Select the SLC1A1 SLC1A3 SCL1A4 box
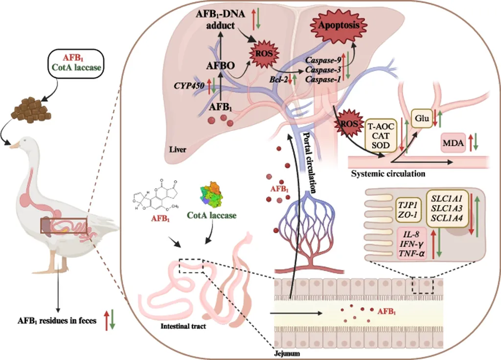tap(445, 207)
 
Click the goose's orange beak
tap(15, 145)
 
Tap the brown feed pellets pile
tap(29, 111)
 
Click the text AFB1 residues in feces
tap(54, 320)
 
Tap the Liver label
tap(176, 149)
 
